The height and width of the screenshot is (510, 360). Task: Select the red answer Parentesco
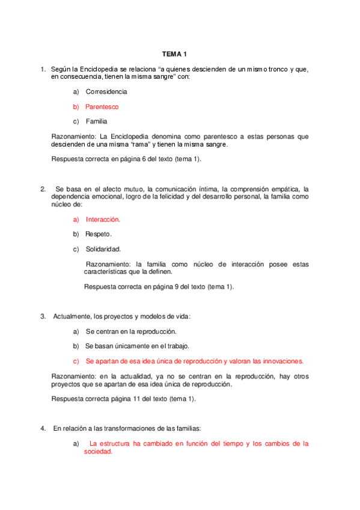click(x=102, y=106)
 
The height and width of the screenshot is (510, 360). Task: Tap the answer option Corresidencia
click(x=106, y=92)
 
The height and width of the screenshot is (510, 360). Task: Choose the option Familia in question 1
click(x=96, y=121)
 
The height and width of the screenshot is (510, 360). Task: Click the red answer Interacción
click(x=103, y=220)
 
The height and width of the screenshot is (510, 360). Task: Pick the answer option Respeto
click(x=99, y=234)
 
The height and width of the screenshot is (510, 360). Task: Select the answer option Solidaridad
click(x=103, y=249)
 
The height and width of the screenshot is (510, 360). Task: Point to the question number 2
click(x=43, y=189)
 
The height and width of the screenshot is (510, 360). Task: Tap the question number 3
click(x=43, y=316)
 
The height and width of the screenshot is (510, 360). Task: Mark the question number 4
click(x=43, y=428)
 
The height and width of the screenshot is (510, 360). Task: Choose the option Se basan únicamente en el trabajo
click(x=137, y=346)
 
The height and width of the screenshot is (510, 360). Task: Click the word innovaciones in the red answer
click(x=282, y=361)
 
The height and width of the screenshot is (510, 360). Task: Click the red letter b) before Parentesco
click(x=76, y=106)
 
